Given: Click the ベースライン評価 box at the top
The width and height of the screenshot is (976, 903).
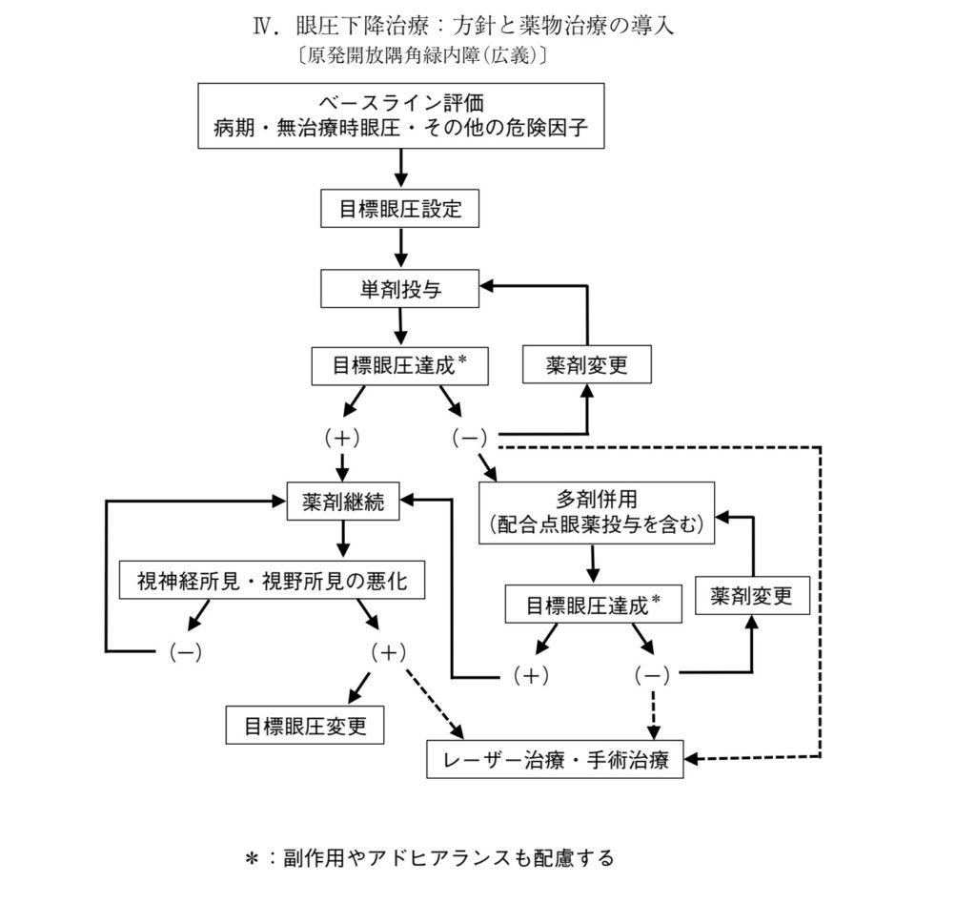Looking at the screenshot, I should [x=400, y=114].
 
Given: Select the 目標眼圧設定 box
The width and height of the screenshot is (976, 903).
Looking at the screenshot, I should [x=400, y=209].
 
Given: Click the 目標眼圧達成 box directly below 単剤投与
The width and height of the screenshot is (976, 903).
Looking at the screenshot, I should [x=400, y=365].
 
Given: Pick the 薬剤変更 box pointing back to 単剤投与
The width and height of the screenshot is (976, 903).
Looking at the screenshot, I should [x=587, y=365].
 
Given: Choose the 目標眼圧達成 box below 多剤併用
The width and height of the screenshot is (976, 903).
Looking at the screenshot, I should [x=594, y=605].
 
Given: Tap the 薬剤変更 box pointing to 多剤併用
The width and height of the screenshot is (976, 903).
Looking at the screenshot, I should [x=753, y=596].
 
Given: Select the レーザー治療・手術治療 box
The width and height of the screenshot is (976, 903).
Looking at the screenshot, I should [x=555, y=760].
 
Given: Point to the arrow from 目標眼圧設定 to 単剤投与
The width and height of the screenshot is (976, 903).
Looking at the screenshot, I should [x=400, y=248].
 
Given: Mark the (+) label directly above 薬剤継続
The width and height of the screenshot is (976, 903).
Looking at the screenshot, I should [x=341, y=438].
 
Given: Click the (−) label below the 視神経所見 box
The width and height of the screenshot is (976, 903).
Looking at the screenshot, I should [x=184, y=652].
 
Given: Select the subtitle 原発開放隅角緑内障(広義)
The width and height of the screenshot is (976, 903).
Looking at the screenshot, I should [x=422, y=56].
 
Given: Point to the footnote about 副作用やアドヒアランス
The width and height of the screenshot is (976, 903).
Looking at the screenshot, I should [x=430, y=858].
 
